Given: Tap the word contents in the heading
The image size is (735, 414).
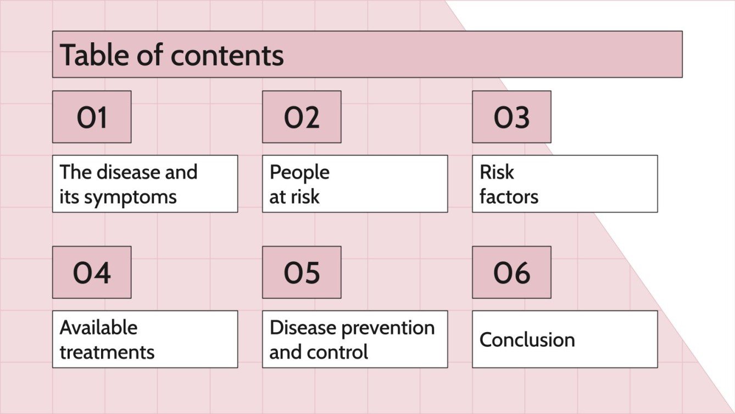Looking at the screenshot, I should click(227, 55).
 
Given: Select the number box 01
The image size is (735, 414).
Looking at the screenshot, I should click(92, 117).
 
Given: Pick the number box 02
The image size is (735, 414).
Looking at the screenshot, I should click(302, 117).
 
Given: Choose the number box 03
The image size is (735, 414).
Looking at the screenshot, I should click(511, 117).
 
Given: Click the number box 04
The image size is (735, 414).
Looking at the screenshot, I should click(92, 272).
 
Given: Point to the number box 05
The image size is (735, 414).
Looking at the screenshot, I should click(302, 272).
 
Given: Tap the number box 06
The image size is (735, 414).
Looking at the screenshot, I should click(511, 272).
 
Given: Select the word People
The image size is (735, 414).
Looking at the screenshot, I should click(299, 172).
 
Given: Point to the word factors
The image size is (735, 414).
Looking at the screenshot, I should click(509, 196).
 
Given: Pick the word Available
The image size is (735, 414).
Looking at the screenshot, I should click(98, 328).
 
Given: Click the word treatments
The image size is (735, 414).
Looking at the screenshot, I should click(107, 352).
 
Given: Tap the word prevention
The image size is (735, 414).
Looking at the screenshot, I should click(388, 328).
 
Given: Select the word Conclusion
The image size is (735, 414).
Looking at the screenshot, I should click(527, 340).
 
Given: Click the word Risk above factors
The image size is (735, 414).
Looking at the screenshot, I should click(497, 172).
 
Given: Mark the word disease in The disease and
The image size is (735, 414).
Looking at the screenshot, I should click(129, 172).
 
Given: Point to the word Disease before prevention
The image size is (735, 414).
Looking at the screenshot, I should click(303, 328).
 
